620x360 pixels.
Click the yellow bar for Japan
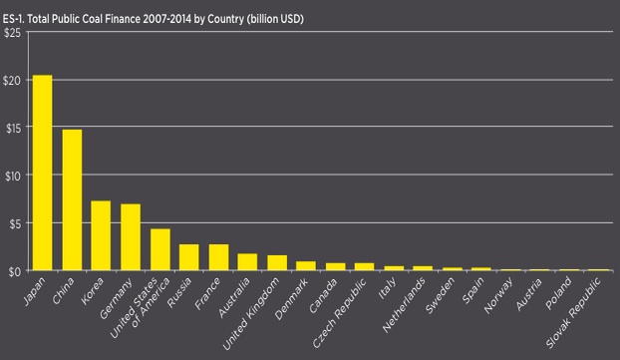pos(42,173)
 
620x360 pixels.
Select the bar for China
pos(72,199)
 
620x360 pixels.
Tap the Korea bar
pos(101,235)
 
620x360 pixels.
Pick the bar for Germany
pos(131,237)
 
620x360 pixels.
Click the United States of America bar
pos(160,249)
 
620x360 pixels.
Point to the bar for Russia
pos(189,257)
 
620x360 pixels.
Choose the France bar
pos(218,257)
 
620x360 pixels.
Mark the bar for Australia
pos(247,262)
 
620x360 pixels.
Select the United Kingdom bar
pos(277,262)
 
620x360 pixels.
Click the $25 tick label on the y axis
pos(12,33)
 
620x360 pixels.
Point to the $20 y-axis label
pos(12,81)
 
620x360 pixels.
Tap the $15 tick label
pos(13,128)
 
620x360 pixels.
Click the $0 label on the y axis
pos(13,272)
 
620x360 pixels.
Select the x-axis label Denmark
pos(291,299)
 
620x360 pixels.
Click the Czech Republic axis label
pos(340,312)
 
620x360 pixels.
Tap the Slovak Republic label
pos(574,312)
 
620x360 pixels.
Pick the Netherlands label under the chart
pos(404,304)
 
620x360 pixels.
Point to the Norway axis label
pos(498,295)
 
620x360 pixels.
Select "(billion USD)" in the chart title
pos(275,19)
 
